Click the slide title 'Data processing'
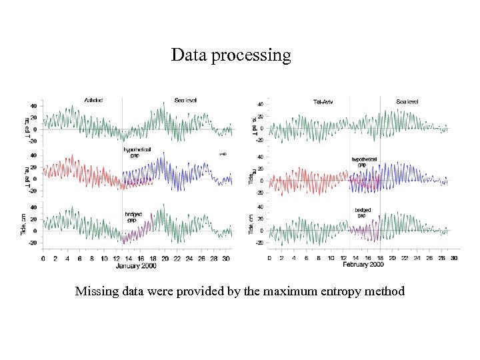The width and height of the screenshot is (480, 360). click(x=231, y=55)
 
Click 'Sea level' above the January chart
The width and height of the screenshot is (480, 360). click(x=185, y=101)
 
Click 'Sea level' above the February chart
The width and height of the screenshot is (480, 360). click(x=407, y=101)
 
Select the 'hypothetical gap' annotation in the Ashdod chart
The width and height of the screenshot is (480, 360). click(x=137, y=152)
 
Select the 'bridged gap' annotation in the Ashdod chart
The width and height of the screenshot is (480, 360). click(x=133, y=217)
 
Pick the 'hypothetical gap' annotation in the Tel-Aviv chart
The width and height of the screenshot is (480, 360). click(x=364, y=162)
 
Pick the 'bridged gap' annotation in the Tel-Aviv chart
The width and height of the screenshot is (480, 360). click(x=364, y=212)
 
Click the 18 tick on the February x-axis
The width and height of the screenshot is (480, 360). click(x=380, y=257)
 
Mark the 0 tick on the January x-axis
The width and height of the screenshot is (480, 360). click(x=43, y=258)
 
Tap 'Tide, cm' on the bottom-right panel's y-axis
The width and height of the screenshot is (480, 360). click(x=251, y=223)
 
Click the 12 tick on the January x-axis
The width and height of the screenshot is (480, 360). click(x=117, y=258)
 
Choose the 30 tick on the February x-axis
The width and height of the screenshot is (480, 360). click(x=454, y=257)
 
